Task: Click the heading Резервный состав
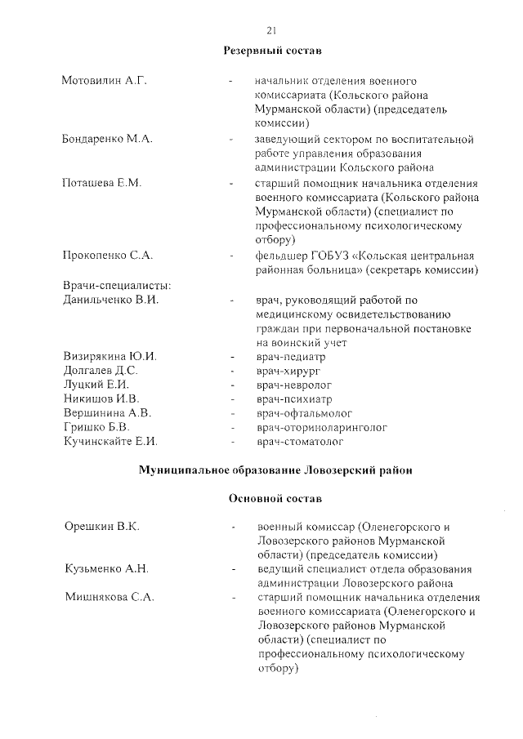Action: click(x=273, y=51)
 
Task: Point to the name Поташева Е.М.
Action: click(x=102, y=182)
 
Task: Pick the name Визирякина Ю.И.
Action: click(x=110, y=357)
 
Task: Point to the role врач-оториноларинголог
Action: click(x=321, y=427)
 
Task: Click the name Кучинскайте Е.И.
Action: click(x=110, y=442)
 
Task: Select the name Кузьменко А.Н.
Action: click(x=106, y=569)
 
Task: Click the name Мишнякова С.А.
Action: click(x=108, y=598)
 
